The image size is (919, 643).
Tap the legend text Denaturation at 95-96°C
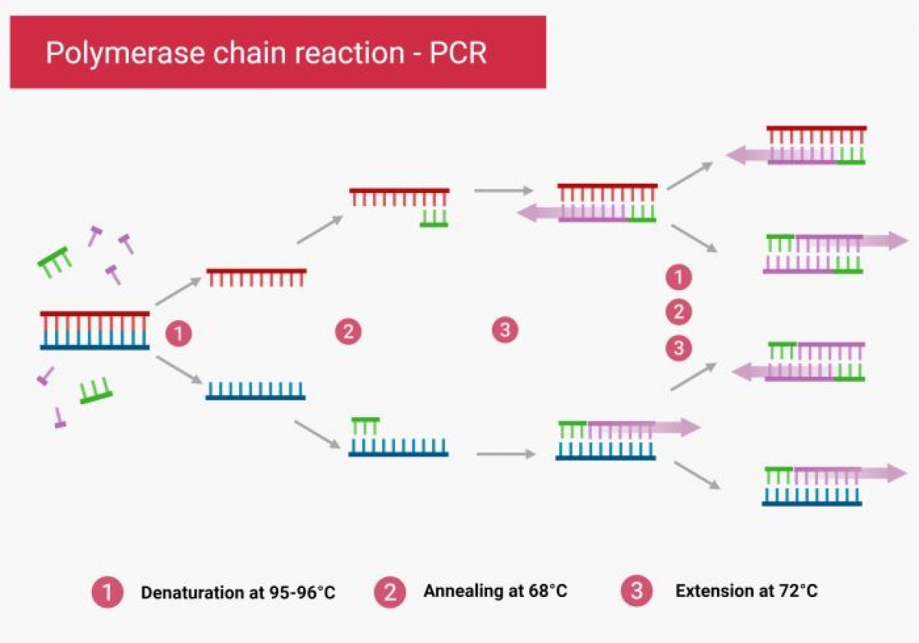[238, 592]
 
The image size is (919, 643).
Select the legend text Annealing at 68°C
[495, 591]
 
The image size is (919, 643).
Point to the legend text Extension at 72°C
[747, 591]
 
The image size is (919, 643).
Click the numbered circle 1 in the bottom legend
[107, 592]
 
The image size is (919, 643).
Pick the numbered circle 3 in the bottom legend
[636, 591]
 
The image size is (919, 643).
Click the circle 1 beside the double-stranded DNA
[178, 334]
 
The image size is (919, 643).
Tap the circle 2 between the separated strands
[348, 331]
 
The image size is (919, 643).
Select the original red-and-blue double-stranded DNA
[95, 331]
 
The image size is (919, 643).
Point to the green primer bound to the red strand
[433, 217]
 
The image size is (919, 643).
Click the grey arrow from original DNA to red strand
[178, 292]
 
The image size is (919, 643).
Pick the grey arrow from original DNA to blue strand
[178, 370]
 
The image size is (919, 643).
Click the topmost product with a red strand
[816, 145]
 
